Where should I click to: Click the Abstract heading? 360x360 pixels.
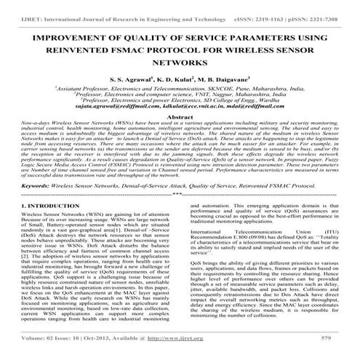pyautogui.click(x=180, y=116)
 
